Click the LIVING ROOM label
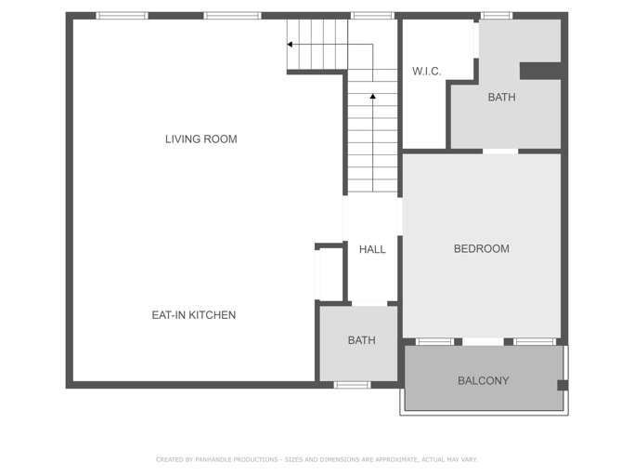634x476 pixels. pyautogui.click(x=201, y=139)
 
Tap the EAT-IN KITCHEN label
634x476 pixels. pyautogui.click(x=194, y=315)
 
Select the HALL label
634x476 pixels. pyautogui.click(x=372, y=249)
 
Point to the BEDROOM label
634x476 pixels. pyautogui.click(x=482, y=249)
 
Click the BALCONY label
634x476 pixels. pyautogui.click(x=484, y=381)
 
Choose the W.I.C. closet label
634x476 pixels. pyautogui.click(x=427, y=72)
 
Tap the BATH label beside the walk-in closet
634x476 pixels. pyautogui.click(x=502, y=98)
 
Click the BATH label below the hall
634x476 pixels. pyautogui.click(x=361, y=340)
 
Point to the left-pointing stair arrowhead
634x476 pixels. pyautogui.click(x=290, y=44)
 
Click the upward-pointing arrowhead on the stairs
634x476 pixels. pyautogui.click(x=373, y=96)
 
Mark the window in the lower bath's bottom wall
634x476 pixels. pyautogui.click(x=352, y=385)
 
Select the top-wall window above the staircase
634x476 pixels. pyautogui.click(x=372, y=16)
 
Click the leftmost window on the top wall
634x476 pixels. pyautogui.click(x=122, y=16)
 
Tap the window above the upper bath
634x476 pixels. pyautogui.click(x=496, y=16)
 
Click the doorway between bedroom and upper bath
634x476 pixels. pyautogui.click(x=500, y=152)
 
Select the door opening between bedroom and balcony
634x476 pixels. pyautogui.click(x=483, y=342)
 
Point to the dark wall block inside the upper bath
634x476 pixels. pyautogui.click(x=540, y=71)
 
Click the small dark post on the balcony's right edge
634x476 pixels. pyautogui.click(x=563, y=385)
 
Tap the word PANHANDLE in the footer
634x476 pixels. pyautogui.click(x=216, y=459)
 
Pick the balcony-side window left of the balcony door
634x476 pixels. pyautogui.click(x=434, y=342)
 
